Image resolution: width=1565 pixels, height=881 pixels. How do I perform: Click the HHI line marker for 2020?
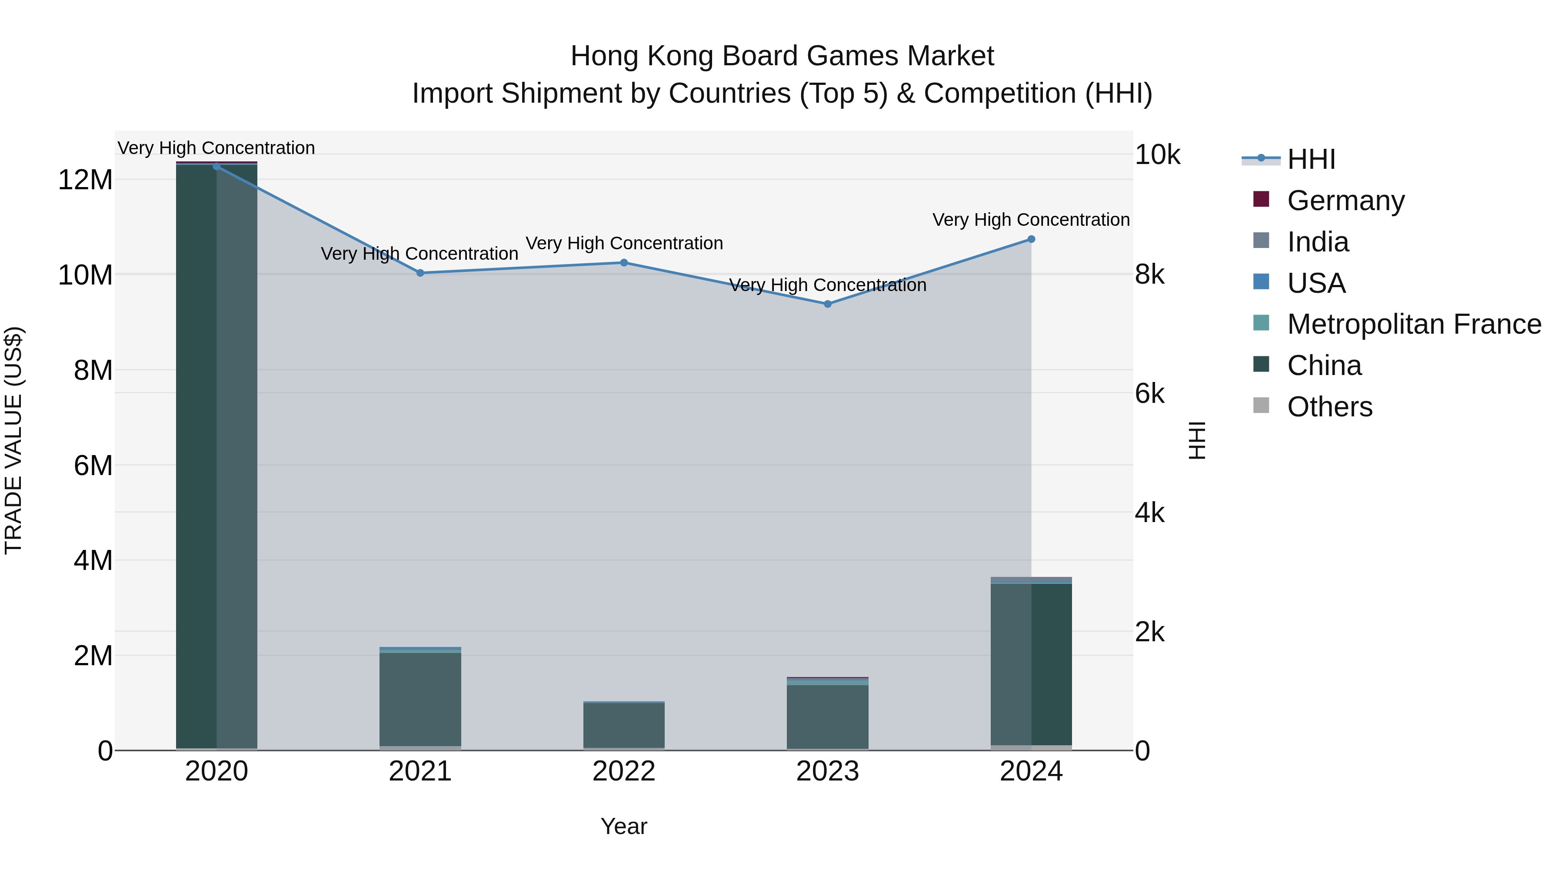click(x=216, y=166)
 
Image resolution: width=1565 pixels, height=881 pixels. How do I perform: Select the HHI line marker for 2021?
click(x=420, y=273)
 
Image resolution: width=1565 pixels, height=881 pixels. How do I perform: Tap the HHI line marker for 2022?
click(x=624, y=263)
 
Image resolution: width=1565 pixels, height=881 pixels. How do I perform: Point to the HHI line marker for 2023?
click(x=827, y=304)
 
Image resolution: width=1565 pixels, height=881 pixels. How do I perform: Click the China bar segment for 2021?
click(x=420, y=699)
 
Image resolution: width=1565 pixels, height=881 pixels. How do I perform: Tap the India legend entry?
click(x=1317, y=242)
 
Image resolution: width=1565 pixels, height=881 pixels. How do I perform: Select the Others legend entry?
click(x=1329, y=407)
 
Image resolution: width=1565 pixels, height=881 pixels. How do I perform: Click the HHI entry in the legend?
click(x=1311, y=159)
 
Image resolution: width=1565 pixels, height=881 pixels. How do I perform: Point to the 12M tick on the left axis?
click(x=85, y=180)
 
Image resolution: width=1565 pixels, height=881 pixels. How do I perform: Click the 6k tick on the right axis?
click(x=1149, y=394)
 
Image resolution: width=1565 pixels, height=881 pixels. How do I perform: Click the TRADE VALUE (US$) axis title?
click(x=13, y=440)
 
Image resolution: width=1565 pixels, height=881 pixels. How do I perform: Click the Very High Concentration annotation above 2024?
click(x=1031, y=220)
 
